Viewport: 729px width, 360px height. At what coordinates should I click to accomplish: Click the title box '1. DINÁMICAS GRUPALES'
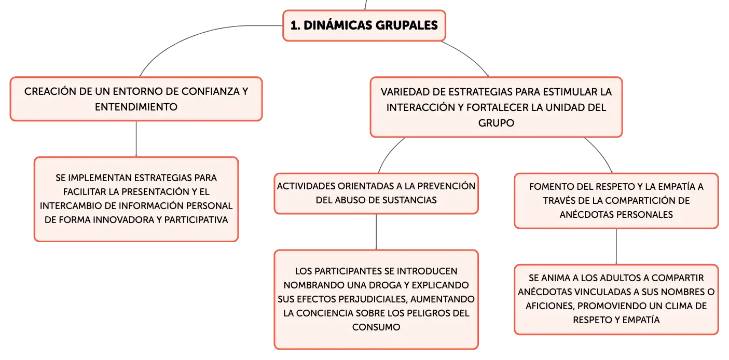364,25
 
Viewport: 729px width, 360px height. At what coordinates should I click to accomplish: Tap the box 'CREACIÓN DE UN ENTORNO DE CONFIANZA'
136,99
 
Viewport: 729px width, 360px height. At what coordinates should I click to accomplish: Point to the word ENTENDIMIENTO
136,107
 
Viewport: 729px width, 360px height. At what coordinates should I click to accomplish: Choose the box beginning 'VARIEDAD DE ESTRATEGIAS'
497,107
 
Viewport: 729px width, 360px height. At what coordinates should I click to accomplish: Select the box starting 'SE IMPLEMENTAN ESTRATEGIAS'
136,199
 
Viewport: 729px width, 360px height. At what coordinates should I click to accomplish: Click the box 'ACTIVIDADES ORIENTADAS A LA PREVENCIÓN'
376,193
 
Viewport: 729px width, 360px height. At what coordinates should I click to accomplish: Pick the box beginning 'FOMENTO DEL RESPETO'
616,201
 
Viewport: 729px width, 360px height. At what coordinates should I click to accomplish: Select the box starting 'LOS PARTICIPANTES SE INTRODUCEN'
376,299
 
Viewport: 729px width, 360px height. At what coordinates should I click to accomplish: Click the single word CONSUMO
376,327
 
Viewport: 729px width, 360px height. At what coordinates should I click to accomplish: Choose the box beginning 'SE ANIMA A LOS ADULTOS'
616,299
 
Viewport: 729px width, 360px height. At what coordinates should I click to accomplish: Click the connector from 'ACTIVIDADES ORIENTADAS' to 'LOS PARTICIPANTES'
376,232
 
